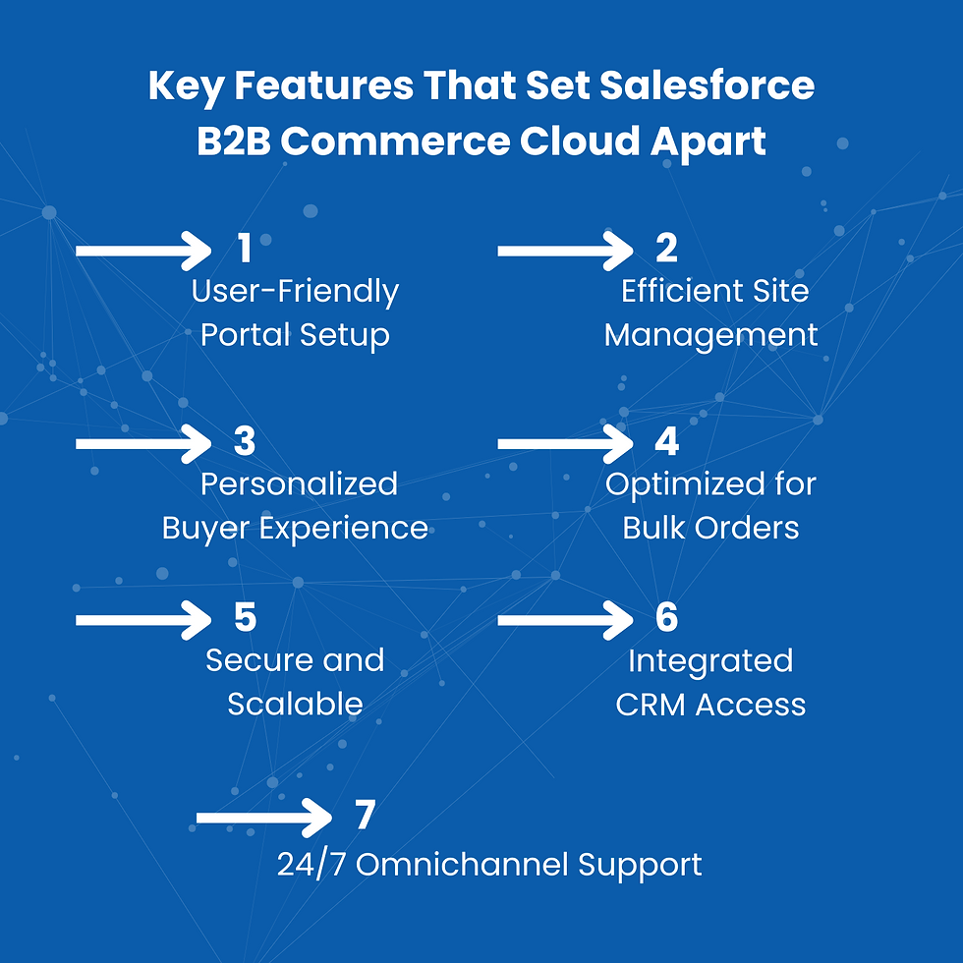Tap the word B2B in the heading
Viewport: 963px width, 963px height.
234,142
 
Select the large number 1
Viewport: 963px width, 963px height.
245,248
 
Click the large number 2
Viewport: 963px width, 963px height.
666,248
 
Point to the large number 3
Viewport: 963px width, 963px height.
245,441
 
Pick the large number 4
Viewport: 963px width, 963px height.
667,441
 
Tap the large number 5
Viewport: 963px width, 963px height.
245,617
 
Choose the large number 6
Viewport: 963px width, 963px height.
667,617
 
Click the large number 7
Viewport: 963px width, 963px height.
366,815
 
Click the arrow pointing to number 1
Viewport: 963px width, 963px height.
143,251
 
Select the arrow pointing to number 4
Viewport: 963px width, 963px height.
566,443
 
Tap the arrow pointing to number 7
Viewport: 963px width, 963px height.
264,818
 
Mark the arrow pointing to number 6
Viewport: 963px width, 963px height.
566,620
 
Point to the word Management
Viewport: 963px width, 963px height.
710,336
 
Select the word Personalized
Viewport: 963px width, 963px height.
299,483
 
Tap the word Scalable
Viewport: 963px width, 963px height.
296,704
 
